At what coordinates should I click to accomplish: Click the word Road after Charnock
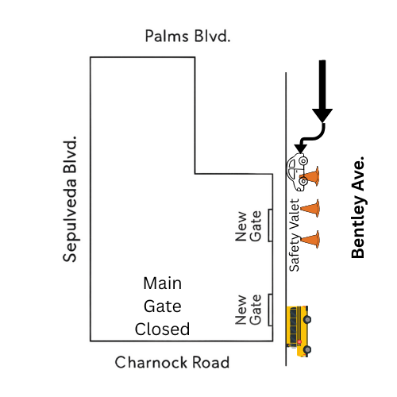(210, 363)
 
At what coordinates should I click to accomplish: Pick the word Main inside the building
(163, 283)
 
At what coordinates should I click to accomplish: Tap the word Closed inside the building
(163, 329)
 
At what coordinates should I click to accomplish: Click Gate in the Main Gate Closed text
(163, 306)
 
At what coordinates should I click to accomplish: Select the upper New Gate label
(247, 225)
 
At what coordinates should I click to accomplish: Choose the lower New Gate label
(247, 310)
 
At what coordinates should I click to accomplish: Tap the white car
(298, 173)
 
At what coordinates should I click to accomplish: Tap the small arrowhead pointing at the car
(299, 148)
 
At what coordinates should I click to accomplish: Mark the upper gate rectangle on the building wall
(270, 225)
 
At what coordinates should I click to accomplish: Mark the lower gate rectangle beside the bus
(270, 310)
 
